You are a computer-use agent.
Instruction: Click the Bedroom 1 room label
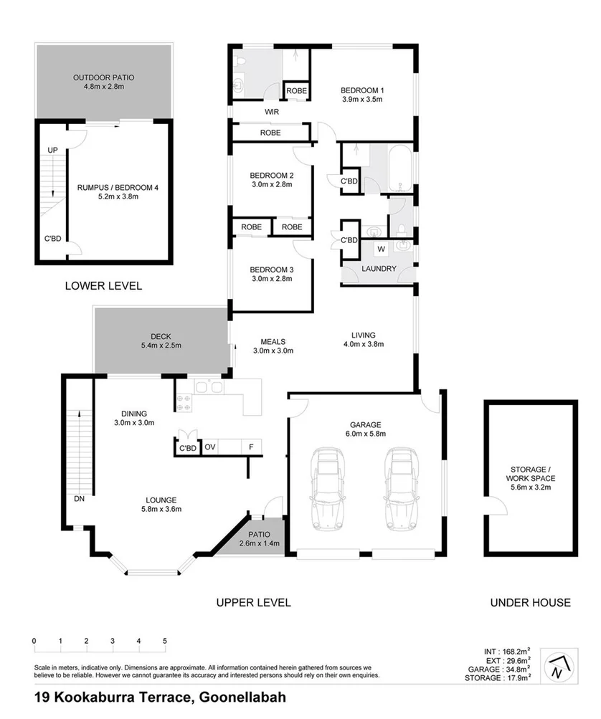pos(362,90)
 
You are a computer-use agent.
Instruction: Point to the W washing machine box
pos(381,249)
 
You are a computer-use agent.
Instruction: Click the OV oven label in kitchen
pos(210,447)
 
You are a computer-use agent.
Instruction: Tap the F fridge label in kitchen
pos(250,447)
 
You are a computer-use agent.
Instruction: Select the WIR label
pos(272,112)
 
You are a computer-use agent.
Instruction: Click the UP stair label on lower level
pos(52,150)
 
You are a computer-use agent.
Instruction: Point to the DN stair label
pos(79,497)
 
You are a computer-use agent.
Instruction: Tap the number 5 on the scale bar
pos(165,641)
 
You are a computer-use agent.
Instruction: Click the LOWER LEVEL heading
pos(103,285)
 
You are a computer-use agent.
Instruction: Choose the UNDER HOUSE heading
pos(530,602)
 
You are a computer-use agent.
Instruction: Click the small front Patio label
pos(257,534)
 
